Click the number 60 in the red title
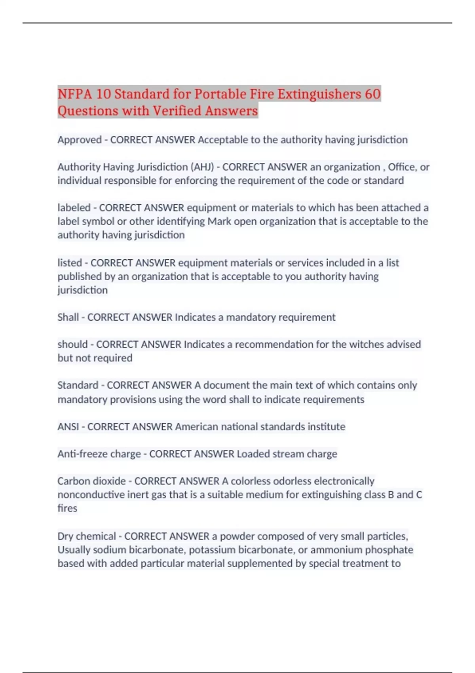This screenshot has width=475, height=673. point(372,94)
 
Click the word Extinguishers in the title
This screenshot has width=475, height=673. point(319,94)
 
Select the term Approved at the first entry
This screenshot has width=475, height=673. point(80,140)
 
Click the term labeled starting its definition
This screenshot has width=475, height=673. point(74,208)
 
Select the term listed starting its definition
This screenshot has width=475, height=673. point(70,263)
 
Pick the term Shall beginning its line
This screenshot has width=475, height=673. point(68,317)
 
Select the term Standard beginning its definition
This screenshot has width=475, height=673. point(78,385)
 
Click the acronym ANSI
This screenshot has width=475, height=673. point(68,427)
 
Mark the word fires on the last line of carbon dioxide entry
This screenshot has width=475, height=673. point(67,508)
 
